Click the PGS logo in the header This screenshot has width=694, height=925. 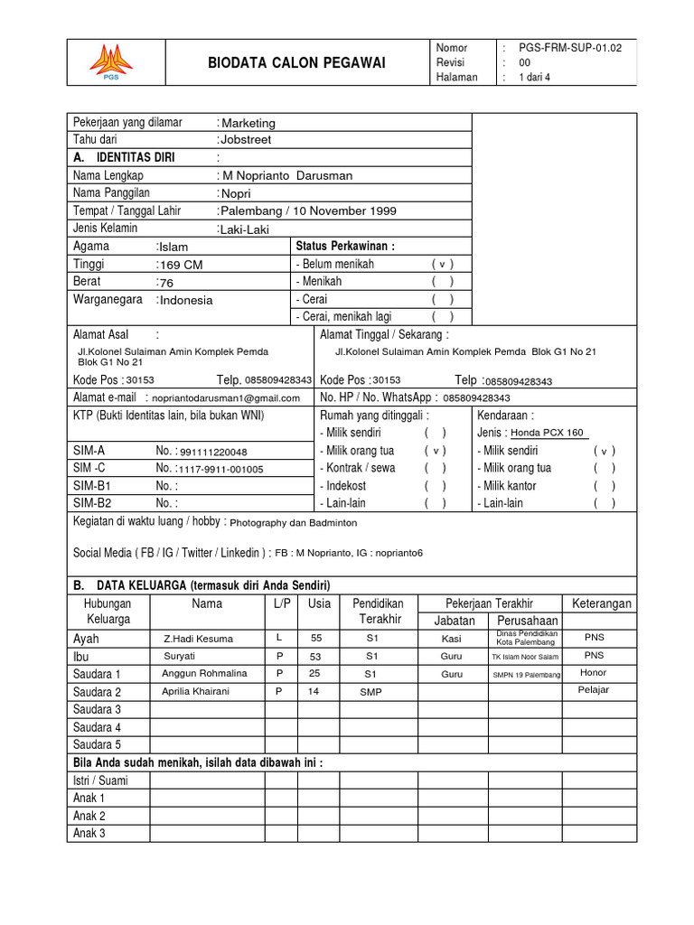point(110,61)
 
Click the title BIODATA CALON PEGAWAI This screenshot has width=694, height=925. point(296,62)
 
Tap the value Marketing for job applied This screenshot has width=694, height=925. point(249,123)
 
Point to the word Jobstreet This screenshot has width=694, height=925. point(246,140)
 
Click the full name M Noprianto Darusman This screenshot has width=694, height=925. point(287,175)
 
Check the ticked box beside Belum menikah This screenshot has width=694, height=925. point(442,265)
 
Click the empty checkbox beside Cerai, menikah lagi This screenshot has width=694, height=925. point(442,316)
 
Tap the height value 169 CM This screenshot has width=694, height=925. point(181,265)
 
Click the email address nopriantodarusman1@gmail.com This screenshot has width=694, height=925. point(226,397)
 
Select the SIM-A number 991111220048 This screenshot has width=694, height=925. point(213,452)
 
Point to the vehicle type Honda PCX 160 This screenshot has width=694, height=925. point(547,433)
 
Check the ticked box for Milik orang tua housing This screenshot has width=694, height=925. point(436,451)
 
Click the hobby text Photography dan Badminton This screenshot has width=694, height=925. point(294,522)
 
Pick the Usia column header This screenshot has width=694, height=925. point(319,603)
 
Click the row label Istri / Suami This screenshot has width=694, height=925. point(100,780)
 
